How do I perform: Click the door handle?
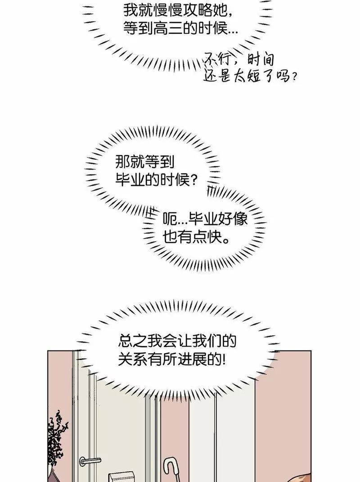[x=90, y=460]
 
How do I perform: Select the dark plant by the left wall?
[x=56, y=443]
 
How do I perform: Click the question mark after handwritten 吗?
[x=294, y=77]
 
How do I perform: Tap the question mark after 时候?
[x=193, y=180]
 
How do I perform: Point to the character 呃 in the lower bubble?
[x=170, y=219]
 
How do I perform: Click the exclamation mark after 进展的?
[x=224, y=360]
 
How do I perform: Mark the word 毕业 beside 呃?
[x=203, y=219]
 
